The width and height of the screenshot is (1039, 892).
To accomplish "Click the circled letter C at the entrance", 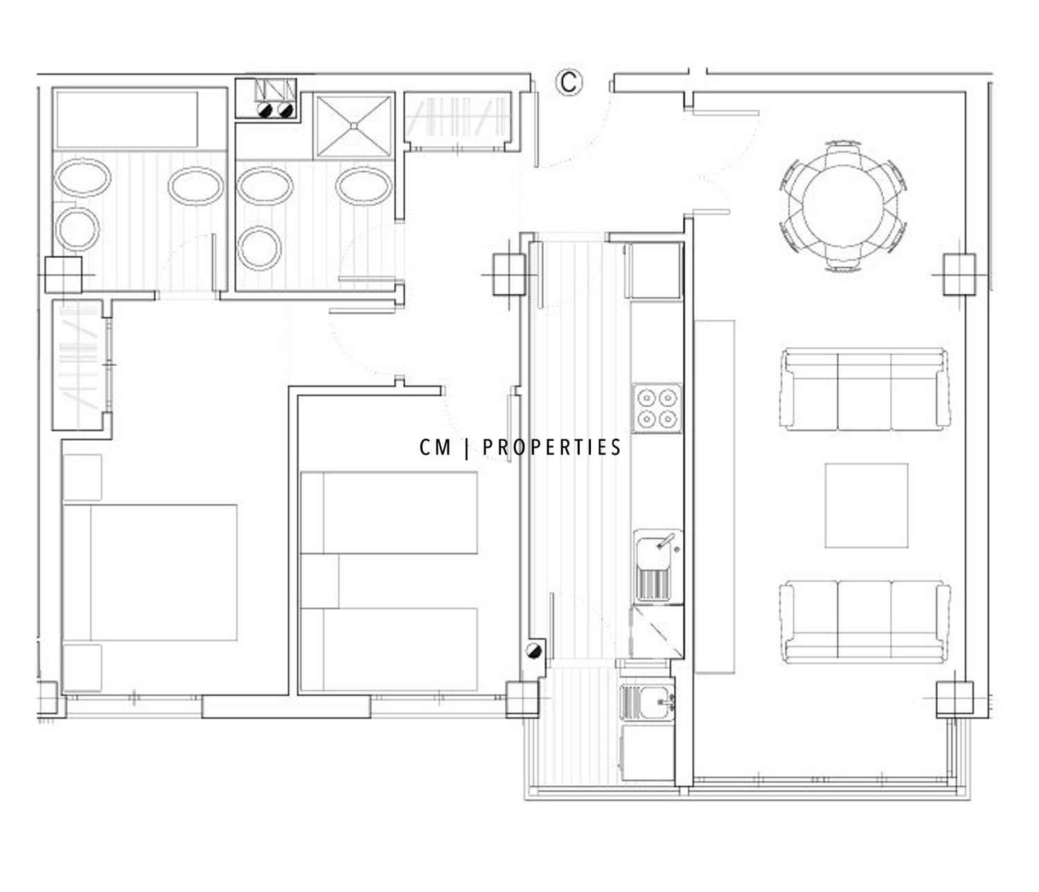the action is (569, 82).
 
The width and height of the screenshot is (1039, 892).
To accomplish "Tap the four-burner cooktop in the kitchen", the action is (657, 408).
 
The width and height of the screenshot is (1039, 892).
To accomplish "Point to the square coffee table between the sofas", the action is (866, 505).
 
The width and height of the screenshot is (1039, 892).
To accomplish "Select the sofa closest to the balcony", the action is (864, 621).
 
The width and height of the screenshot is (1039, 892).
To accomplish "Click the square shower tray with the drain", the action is (354, 125).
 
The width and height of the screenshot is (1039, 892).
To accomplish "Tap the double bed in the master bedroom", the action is (150, 572).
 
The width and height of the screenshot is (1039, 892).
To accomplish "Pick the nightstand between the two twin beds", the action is (319, 581).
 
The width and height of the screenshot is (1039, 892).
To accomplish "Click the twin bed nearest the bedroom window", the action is (388, 649).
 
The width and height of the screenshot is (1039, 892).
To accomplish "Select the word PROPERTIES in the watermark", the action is (551, 447).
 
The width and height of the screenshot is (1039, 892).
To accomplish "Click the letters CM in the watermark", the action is (435, 447).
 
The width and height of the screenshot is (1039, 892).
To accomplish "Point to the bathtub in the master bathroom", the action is (127, 119).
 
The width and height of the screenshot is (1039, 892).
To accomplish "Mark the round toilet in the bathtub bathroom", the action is (78, 229).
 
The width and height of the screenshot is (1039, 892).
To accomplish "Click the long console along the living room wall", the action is (714, 496).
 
